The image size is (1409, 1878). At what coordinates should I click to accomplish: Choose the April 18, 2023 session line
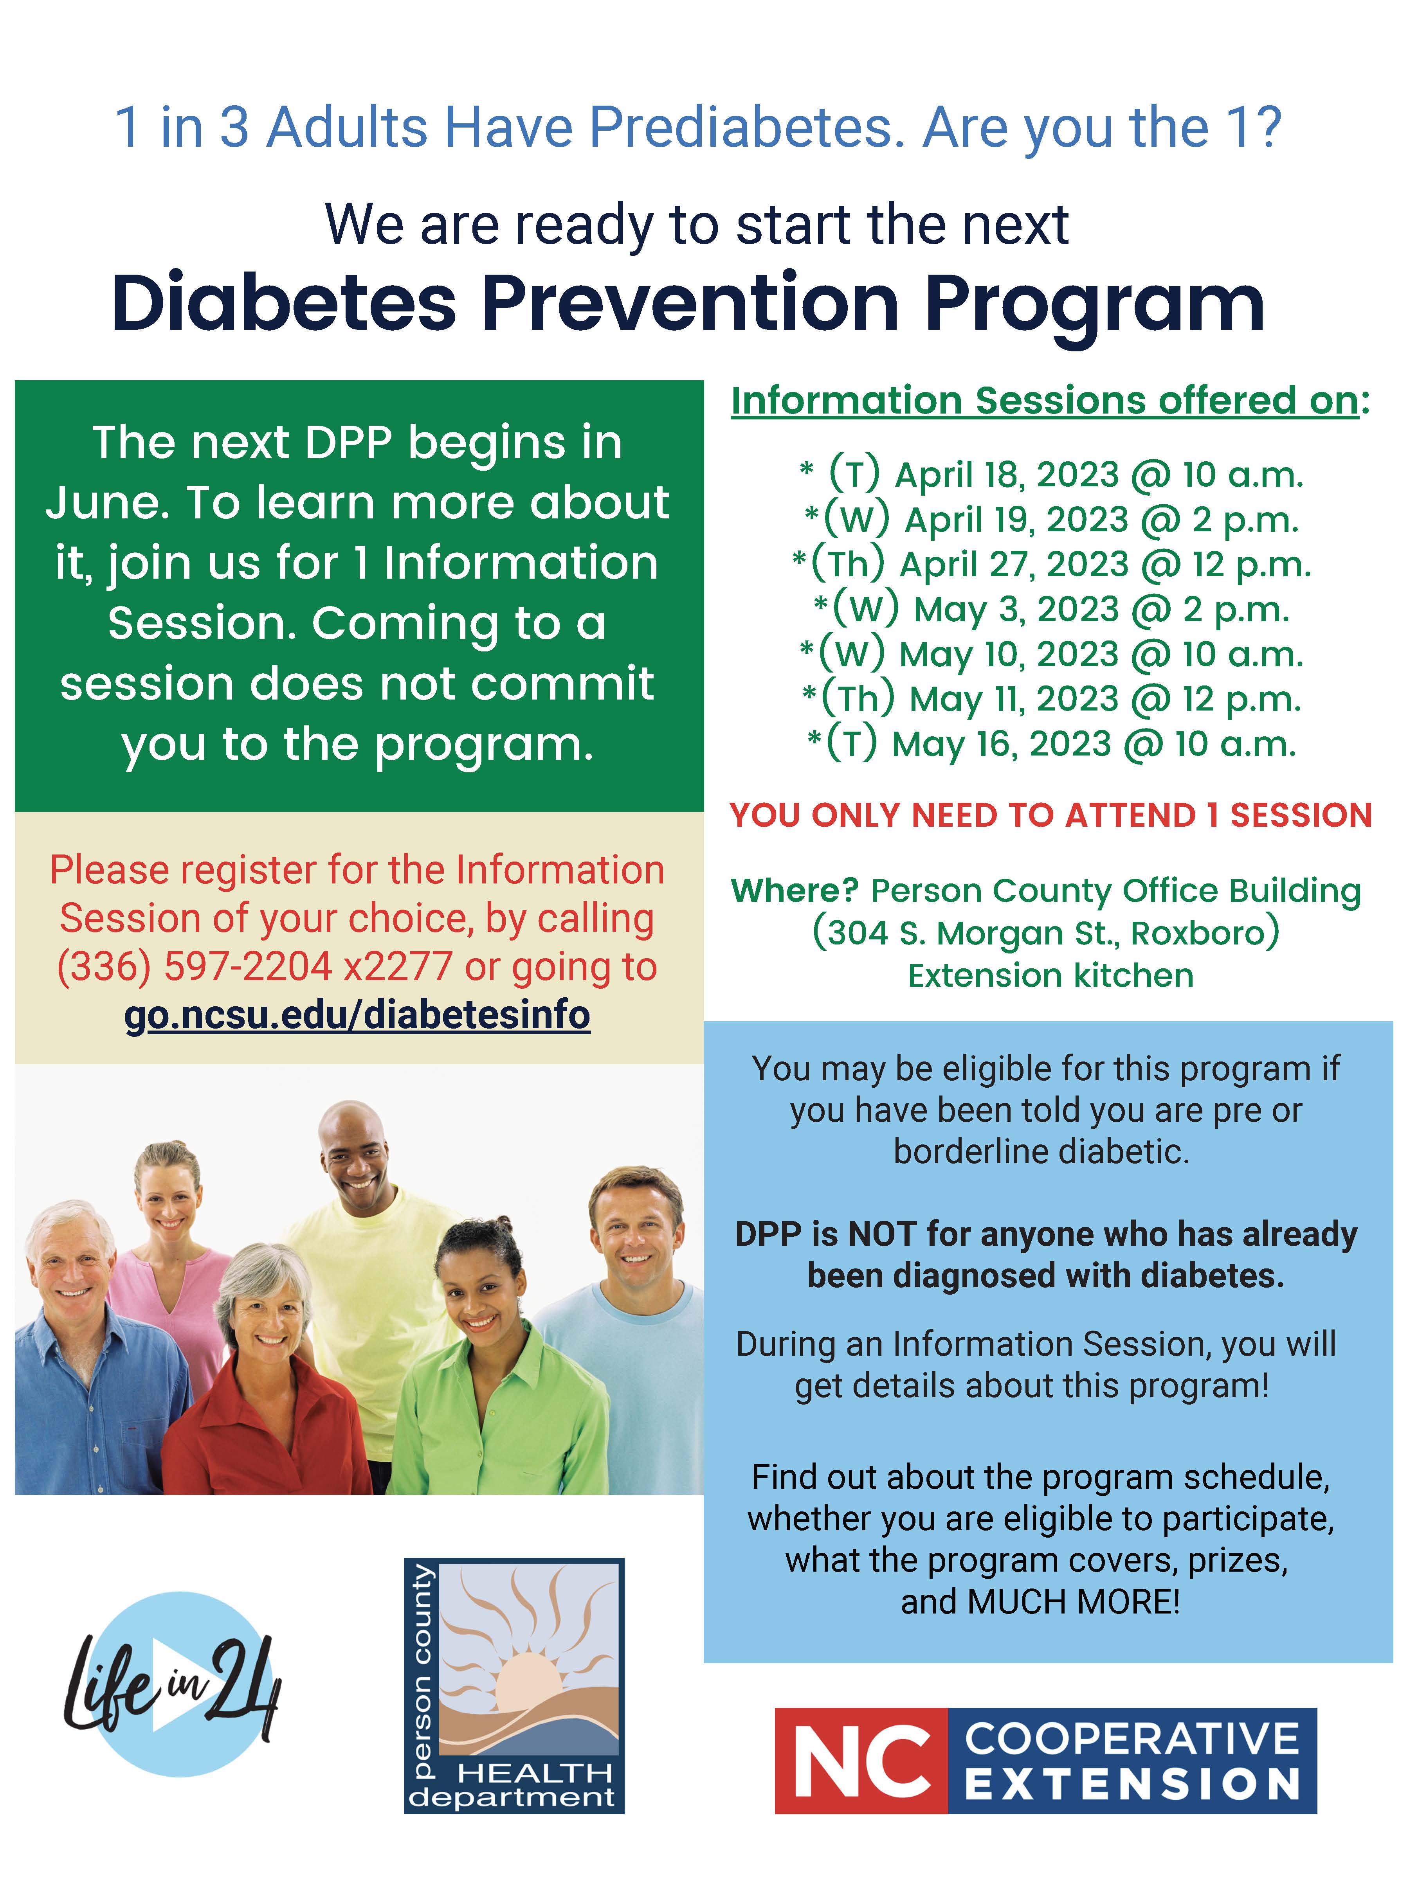[1051, 475]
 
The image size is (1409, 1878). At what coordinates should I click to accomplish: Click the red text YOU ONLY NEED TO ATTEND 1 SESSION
[1050, 815]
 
